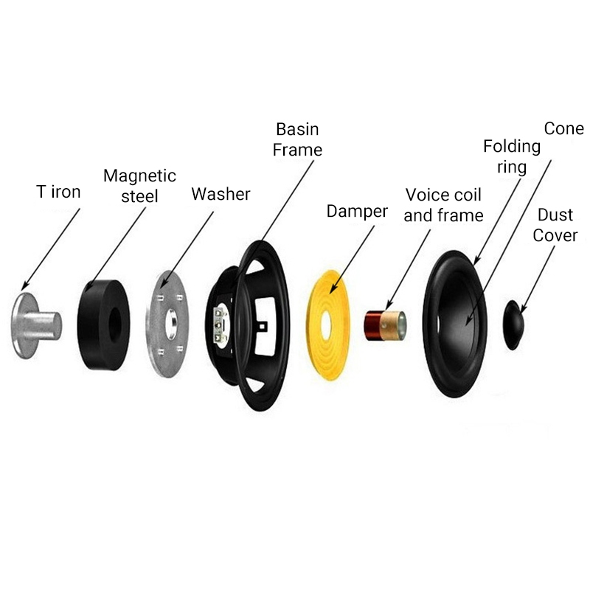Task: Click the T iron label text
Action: (58, 192)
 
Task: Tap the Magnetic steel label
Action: (139, 186)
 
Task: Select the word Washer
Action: (221, 194)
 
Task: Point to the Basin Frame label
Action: (297, 139)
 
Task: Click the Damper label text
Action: (357, 211)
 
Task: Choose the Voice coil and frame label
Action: (444, 205)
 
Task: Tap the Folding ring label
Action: (512, 156)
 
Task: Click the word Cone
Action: (564, 128)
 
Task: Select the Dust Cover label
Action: (555, 225)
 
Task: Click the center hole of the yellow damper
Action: (325, 324)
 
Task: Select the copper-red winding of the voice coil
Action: (372, 326)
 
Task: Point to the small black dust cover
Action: (513, 325)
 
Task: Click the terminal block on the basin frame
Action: (219, 324)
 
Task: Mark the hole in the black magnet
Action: (114, 325)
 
